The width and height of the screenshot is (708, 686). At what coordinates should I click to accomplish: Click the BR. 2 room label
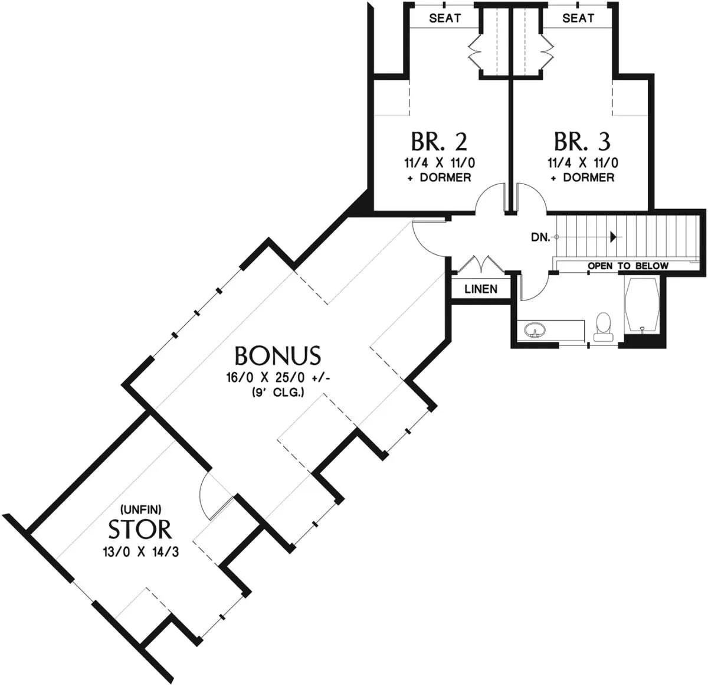439,142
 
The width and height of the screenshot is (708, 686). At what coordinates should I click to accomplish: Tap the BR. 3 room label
582,142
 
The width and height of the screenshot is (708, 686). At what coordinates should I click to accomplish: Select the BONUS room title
278,356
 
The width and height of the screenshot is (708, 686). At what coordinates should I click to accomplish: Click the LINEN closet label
481,289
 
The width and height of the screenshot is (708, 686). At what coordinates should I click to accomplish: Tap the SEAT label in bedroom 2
445,18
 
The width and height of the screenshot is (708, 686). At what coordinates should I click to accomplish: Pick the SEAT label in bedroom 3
578,18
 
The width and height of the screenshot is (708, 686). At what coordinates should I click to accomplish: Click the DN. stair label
540,237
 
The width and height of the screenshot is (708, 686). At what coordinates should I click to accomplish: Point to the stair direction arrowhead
614,237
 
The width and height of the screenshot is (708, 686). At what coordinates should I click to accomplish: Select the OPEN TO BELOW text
628,266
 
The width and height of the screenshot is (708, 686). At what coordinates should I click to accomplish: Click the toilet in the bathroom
602,326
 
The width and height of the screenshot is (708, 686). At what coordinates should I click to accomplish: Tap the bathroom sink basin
535,330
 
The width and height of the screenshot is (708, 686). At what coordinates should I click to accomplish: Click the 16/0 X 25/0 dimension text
278,378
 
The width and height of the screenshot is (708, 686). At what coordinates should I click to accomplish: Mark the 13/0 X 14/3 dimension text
141,552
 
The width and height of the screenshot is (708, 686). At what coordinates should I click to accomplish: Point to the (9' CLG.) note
278,393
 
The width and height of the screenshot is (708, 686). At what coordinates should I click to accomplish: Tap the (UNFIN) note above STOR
140,509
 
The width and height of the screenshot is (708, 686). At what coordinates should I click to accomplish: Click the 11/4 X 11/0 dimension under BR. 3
583,162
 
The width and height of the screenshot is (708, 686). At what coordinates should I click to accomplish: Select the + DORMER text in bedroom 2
440,178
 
